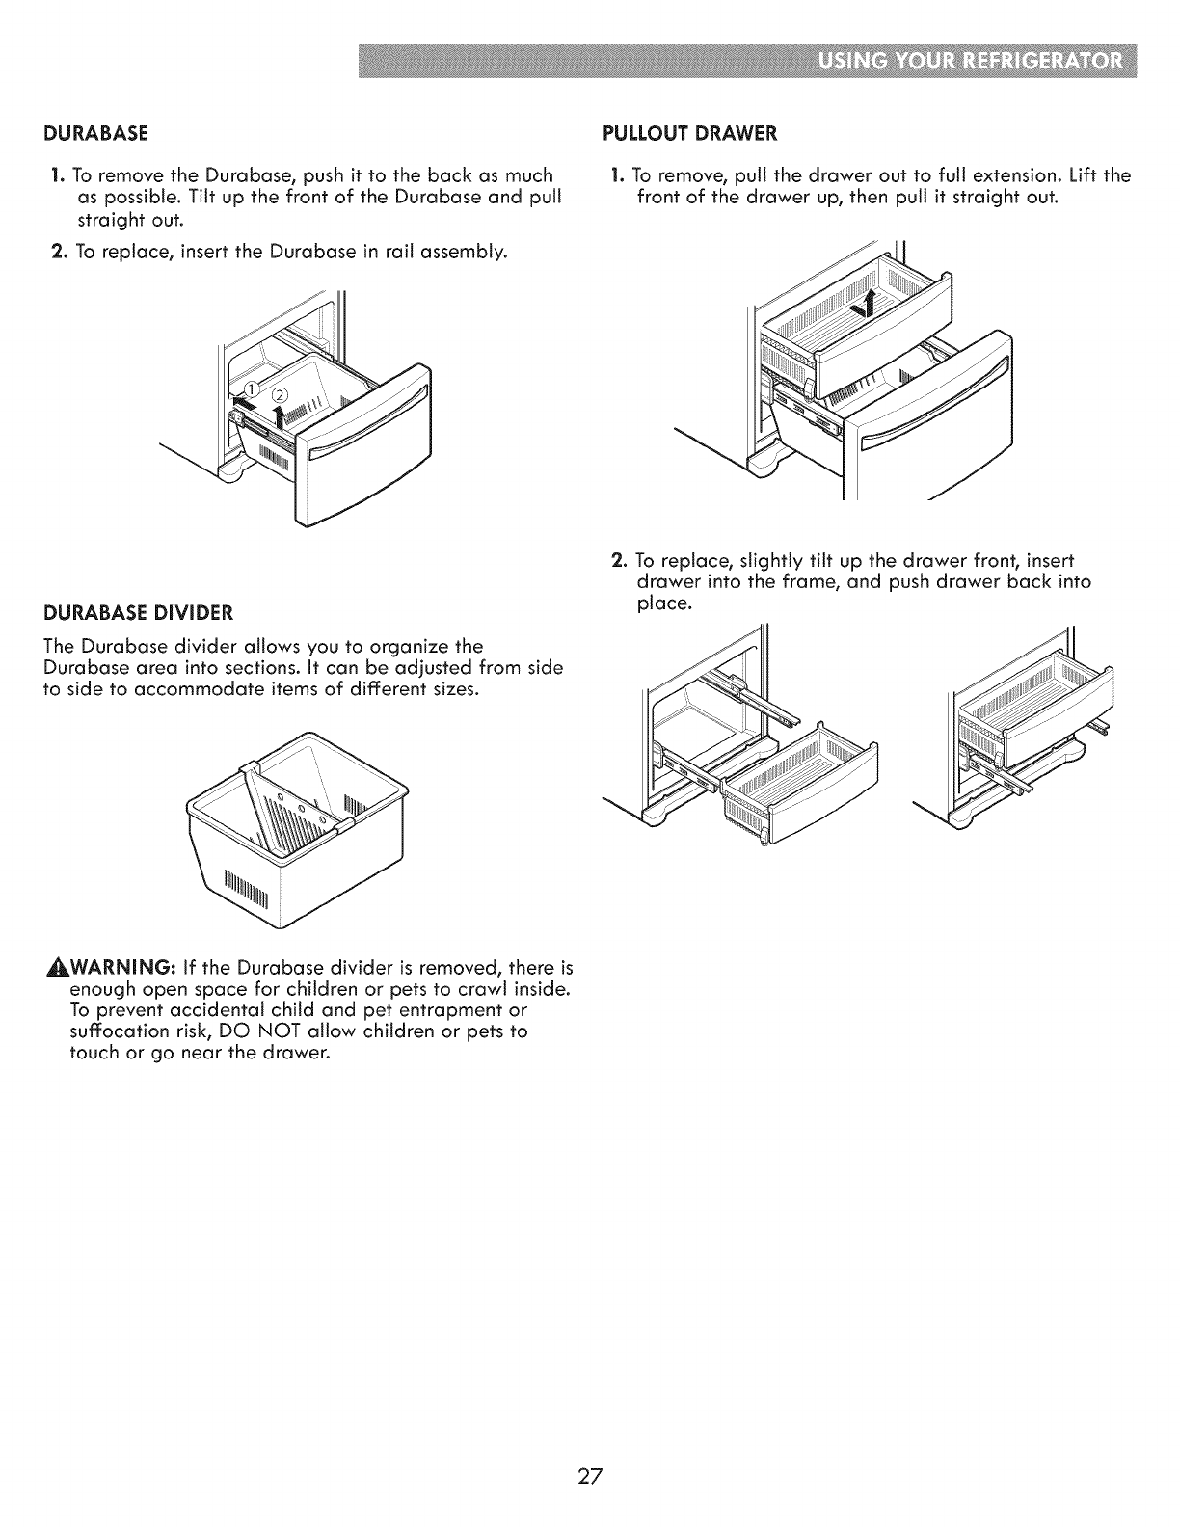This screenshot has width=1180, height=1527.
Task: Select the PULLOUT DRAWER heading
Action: pos(688,132)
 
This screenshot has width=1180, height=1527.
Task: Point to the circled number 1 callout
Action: pos(250,387)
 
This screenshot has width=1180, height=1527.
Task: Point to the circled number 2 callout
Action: pos(280,394)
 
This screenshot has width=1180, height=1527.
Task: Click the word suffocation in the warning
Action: pos(121,1031)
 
